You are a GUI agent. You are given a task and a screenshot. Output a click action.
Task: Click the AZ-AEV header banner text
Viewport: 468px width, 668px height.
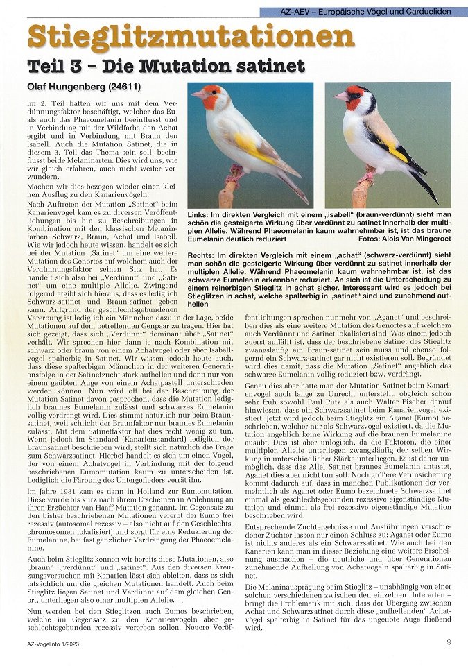[x=365, y=12]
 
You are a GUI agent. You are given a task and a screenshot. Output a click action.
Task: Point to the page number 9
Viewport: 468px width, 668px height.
[x=449, y=642]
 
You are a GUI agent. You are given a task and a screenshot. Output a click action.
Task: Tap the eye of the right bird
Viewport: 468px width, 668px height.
[x=354, y=96]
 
